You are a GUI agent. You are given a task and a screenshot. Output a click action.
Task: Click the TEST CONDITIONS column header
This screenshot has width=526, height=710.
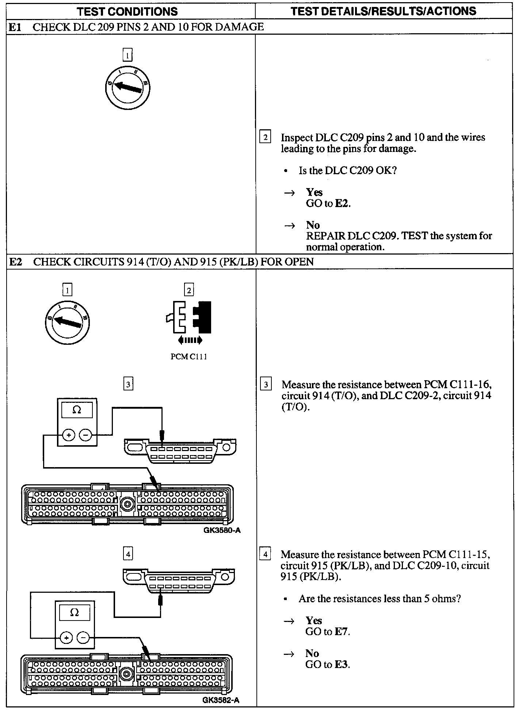point(127,11)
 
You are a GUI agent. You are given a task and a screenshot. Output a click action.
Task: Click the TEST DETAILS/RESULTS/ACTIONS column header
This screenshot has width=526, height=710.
point(384,11)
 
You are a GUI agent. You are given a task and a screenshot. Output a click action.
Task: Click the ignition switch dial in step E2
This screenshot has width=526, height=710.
point(68,322)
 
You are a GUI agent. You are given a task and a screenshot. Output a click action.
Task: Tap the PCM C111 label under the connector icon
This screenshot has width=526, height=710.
point(189,357)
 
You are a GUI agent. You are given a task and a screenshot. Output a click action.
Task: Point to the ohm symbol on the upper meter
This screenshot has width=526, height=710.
point(77,411)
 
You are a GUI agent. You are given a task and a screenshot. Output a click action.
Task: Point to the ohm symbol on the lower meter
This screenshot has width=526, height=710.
point(74,612)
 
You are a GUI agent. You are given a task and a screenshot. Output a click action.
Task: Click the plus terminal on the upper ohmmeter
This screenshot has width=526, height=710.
point(69,435)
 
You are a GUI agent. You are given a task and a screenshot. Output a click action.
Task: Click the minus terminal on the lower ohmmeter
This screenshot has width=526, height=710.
point(84,638)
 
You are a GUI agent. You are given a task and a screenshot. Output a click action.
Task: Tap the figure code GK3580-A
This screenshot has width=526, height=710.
point(222,530)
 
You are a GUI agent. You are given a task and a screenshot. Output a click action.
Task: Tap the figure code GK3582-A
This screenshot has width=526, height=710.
point(221,700)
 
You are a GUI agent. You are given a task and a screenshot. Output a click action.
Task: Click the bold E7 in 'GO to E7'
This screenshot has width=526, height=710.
point(342,631)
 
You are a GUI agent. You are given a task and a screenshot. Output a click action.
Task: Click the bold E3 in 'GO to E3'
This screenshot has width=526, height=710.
point(342,664)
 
